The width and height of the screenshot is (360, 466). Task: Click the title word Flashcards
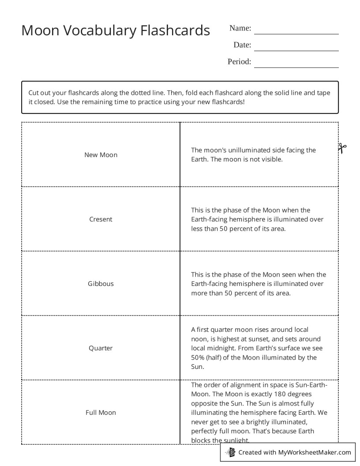[175, 30]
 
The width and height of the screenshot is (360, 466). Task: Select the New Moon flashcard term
[101, 155]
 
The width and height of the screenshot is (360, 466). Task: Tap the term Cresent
[101, 219]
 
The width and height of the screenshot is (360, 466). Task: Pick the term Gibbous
[101, 284]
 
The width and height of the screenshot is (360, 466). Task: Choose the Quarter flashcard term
[101, 348]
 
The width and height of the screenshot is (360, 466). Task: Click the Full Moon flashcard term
[101, 413]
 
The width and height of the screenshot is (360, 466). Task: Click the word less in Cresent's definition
[198, 229]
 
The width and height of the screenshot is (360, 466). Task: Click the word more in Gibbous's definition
[199, 293]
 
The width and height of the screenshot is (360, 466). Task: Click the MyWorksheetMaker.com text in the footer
[315, 452]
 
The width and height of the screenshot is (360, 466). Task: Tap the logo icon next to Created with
[231, 452]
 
